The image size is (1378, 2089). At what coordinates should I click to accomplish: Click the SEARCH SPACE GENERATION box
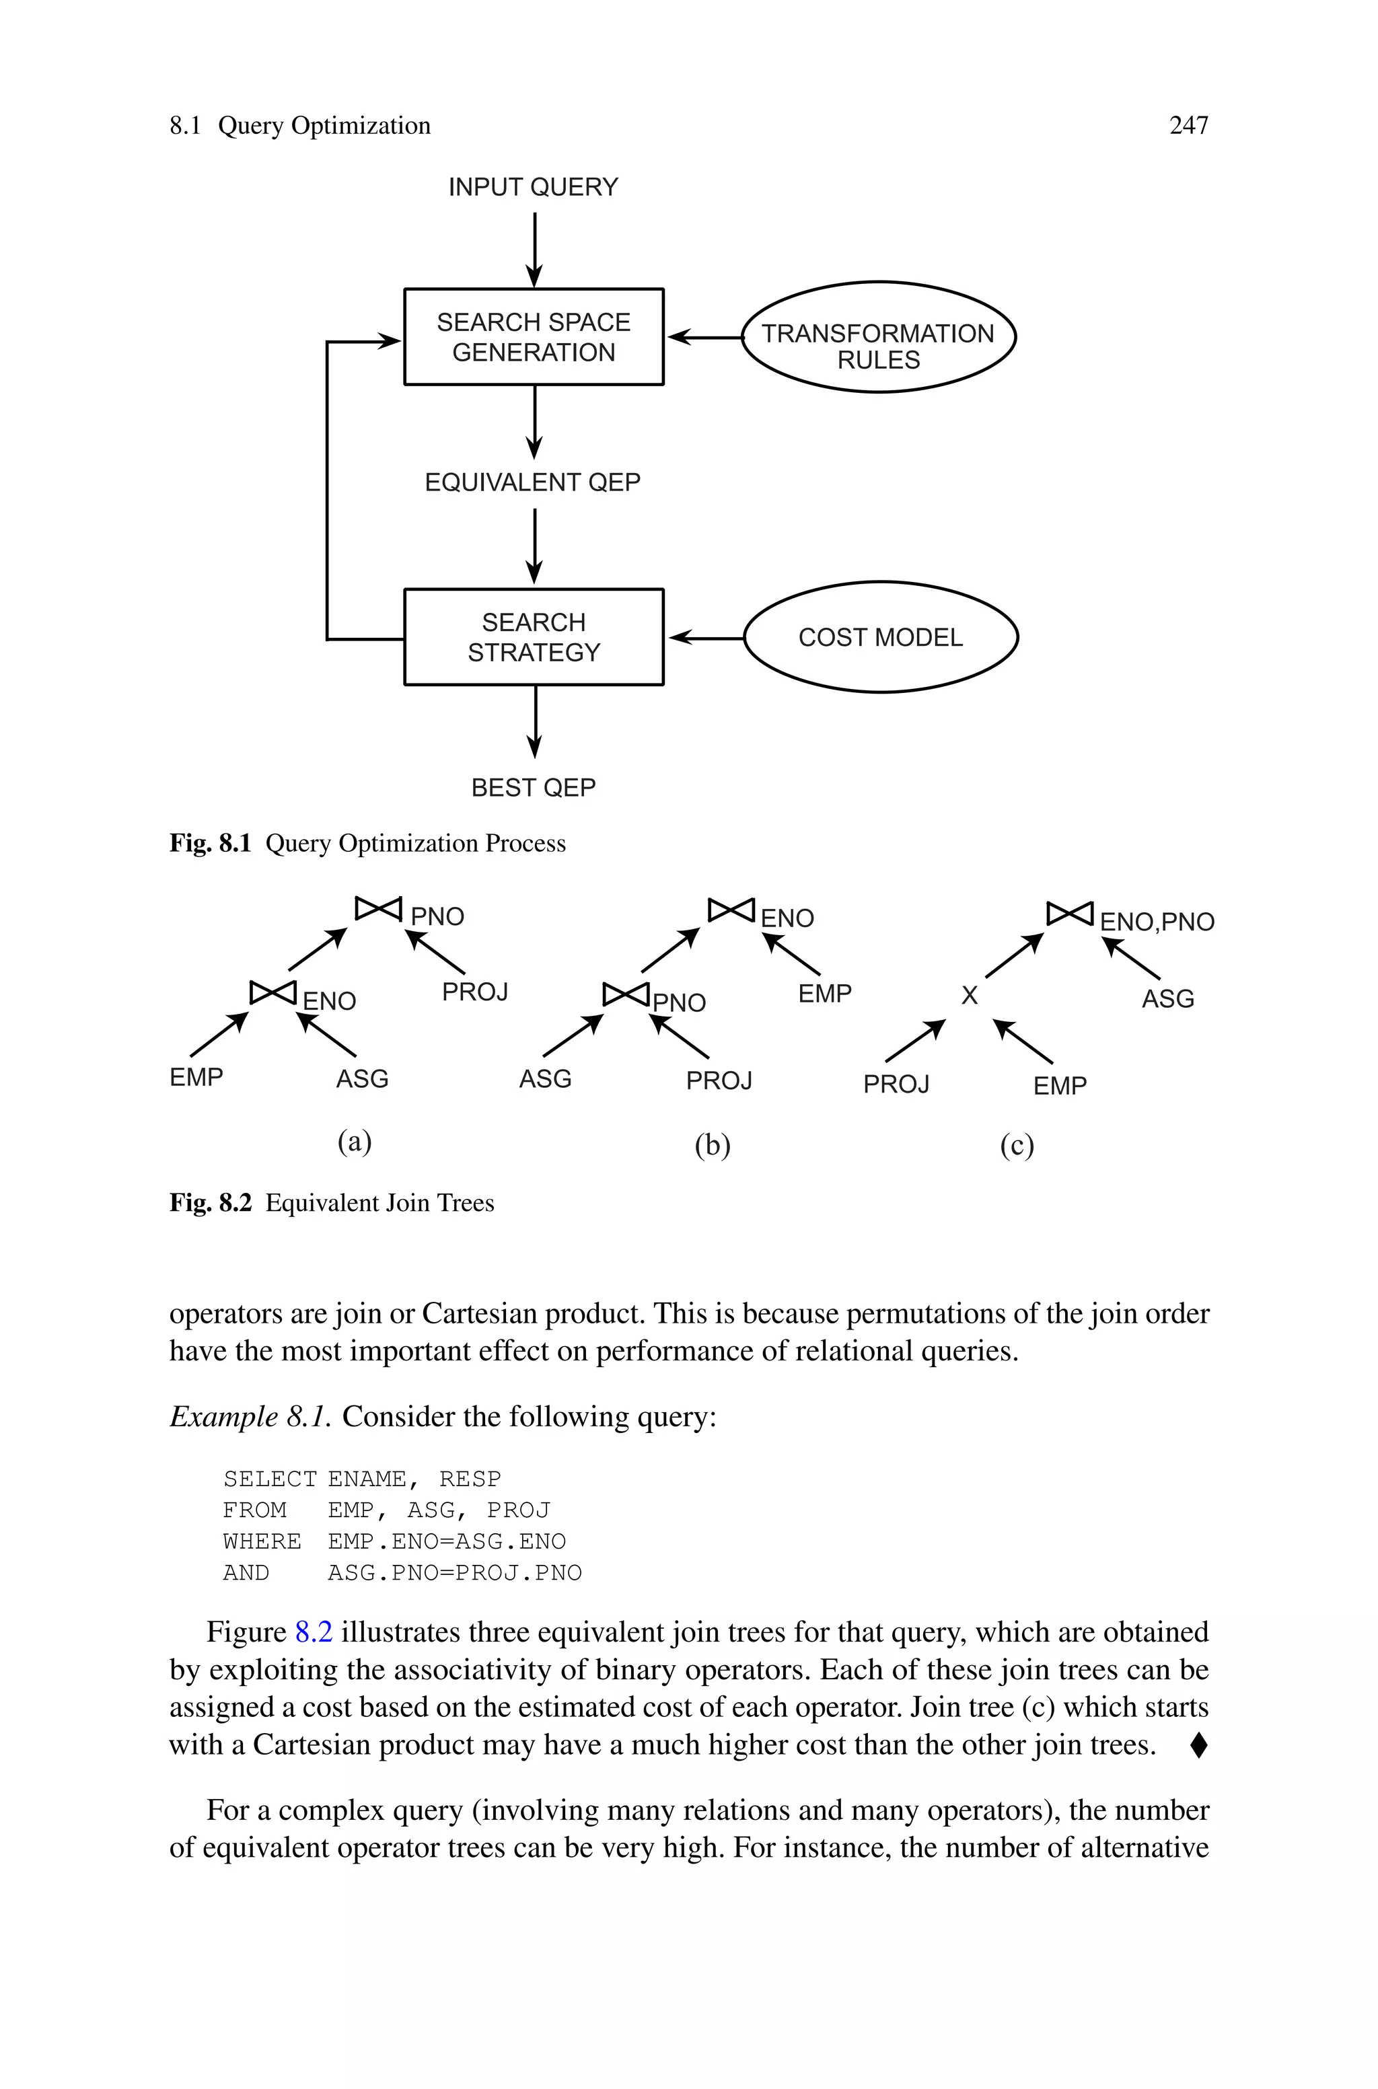[x=534, y=336]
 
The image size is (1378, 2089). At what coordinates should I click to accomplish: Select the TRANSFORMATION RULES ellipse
[x=878, y=337]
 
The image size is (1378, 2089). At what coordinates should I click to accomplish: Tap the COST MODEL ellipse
[x=881, y=637]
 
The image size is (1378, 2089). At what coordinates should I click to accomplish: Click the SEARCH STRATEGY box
[x=534, y=637]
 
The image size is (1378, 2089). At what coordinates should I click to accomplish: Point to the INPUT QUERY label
[x=533, y=187]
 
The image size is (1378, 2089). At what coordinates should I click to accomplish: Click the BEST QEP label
[x=534, y=787]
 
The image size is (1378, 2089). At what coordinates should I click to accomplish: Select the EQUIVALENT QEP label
[x=533, y=482]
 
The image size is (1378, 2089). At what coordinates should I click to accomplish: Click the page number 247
[x=1188, y=126]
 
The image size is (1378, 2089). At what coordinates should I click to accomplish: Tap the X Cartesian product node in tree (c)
[x=970, y=995]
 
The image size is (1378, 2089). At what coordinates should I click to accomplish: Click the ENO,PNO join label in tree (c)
[x=1157, y=922]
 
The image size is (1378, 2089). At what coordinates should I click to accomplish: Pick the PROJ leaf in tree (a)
[x=474, y=992]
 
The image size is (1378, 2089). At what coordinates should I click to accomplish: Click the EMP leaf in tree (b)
[x=824, y=994]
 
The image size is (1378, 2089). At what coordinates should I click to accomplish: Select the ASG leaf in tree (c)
[x=1167, y=999]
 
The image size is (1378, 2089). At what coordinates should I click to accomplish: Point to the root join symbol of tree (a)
[x=378, y=908]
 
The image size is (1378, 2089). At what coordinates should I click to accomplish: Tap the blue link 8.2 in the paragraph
[x=314, y=1632]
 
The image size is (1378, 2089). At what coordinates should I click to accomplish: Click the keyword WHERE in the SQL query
[x=262, y=1542]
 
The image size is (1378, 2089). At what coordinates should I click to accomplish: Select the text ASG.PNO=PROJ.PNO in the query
[x=454, y=1572]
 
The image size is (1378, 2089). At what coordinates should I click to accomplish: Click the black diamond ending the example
[x=1198, y=1745]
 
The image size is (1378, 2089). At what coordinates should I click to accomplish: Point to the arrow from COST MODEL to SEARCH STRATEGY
[x=706, y=638]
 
